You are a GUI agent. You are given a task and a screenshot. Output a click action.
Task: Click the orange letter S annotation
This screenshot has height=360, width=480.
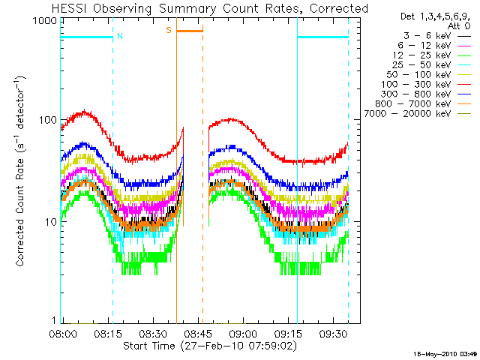tap(169, 29)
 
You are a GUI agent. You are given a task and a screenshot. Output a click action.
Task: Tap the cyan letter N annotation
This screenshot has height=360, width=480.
tap(120, 35)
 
